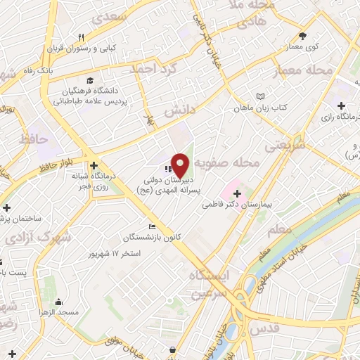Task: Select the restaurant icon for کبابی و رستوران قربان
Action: pyautogui.click(x=82, y=37)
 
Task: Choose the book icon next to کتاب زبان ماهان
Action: pyautogui.click(x=261, y=96)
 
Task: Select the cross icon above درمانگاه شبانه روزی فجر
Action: pyautogui.click(x=93, y=165)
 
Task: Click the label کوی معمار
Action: pyautogui.click(x=303, y=46)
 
